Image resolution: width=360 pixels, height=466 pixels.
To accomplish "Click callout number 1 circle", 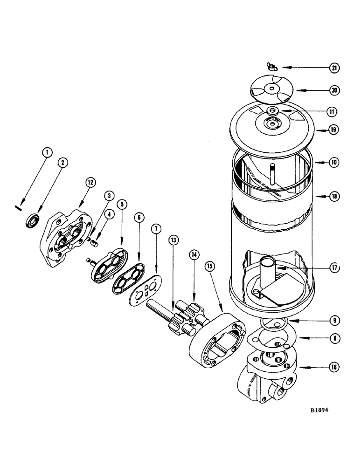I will (x=48, y=151).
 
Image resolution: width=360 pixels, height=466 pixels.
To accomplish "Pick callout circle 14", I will (x=194, y=254).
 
